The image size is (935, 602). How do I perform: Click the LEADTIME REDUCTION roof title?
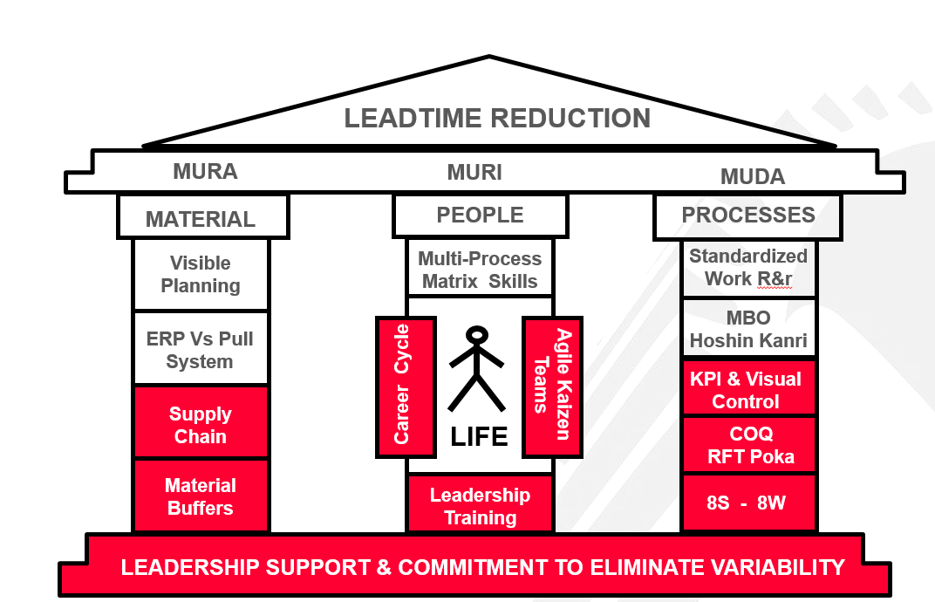click(497, 118)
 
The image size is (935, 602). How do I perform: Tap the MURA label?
click(205, 171)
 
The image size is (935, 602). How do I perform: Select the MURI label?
click(474, 173)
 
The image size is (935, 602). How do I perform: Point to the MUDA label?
click(752, 177)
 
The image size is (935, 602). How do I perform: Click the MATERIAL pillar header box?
click(201, 217)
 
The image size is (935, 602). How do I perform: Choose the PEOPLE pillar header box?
click(480, 215)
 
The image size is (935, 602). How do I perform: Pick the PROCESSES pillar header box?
click(747, 215)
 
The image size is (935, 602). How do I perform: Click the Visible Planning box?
click(201, 275)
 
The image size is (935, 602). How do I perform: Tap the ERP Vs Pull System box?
click(201, 349)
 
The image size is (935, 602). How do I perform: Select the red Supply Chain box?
click(201, 424)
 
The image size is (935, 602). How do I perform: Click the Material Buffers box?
click(201, 496)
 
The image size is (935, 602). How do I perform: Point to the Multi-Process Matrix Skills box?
click(480, 270)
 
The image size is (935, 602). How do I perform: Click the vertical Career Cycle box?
click(405, 387)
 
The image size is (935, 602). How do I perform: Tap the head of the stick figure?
click(476, 334)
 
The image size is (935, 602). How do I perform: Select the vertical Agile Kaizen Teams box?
click(552, 387)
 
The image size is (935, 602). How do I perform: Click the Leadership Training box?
click(480, 505)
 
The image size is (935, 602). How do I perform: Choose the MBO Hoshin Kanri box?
click(748, 328)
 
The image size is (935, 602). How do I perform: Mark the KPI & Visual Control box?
click(748, 389)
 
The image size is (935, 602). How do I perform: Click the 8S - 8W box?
click(748, 503)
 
